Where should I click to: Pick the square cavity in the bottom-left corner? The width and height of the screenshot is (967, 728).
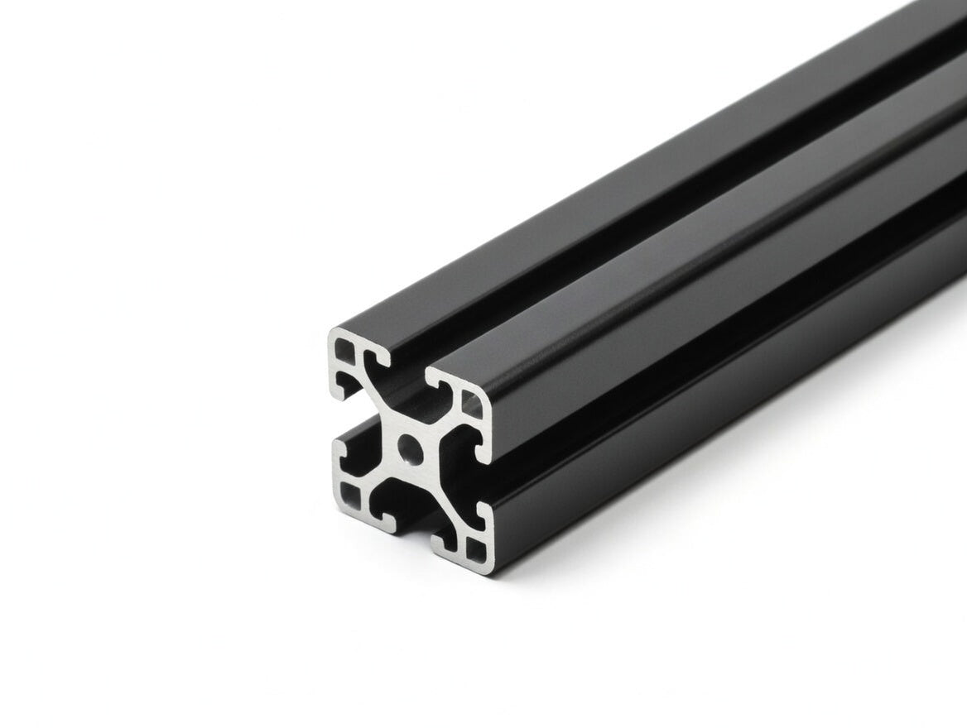351,495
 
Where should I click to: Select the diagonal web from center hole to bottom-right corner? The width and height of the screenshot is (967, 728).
443,496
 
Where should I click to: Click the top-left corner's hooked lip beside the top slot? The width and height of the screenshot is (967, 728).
382,357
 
